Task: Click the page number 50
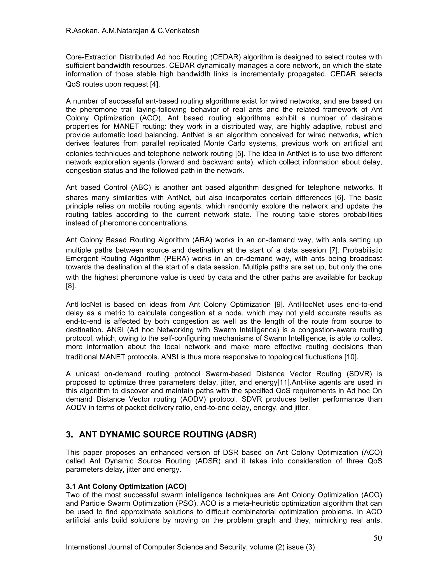tap(377, 538)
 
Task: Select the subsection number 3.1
tap(71, 487)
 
